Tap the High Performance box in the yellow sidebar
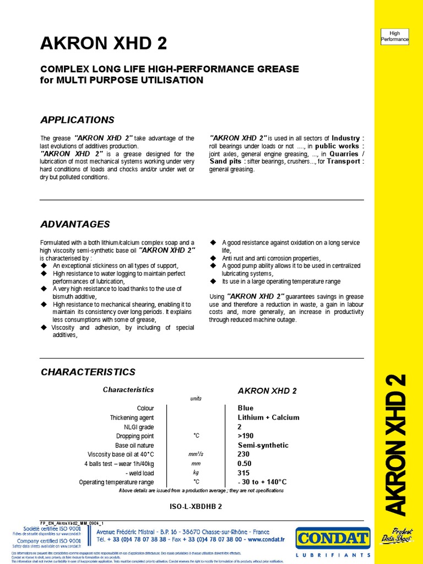click(x=395, y=36)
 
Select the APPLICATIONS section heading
click(x=78, y=120)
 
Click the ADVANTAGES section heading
click(x=75, y=224)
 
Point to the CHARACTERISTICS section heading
click(x=88, y=372)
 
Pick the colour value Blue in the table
click(x=246, y=408)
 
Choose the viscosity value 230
click(x=243, y=454)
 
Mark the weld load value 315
click(x=243, y=473)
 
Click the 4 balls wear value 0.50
click(x=244, y=463)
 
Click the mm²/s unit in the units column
click(x=196, y=454)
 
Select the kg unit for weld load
click(x=196, y=473)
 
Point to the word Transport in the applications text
click(x=345, y=162)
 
